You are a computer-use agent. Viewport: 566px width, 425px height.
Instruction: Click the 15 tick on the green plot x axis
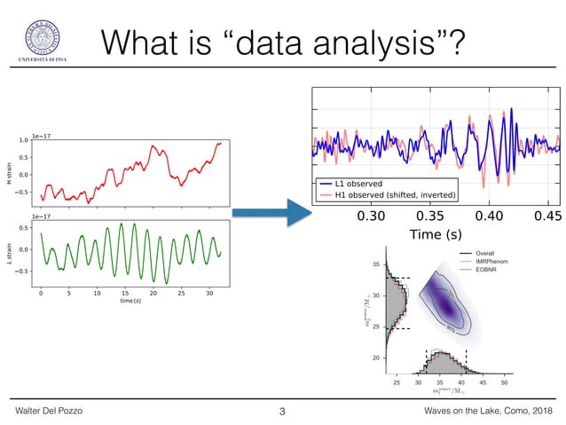click(124, 292)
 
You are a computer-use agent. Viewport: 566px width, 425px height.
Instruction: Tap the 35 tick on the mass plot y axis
click(377, 264)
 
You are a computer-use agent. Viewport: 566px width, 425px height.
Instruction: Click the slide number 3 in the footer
click(282, 411)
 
